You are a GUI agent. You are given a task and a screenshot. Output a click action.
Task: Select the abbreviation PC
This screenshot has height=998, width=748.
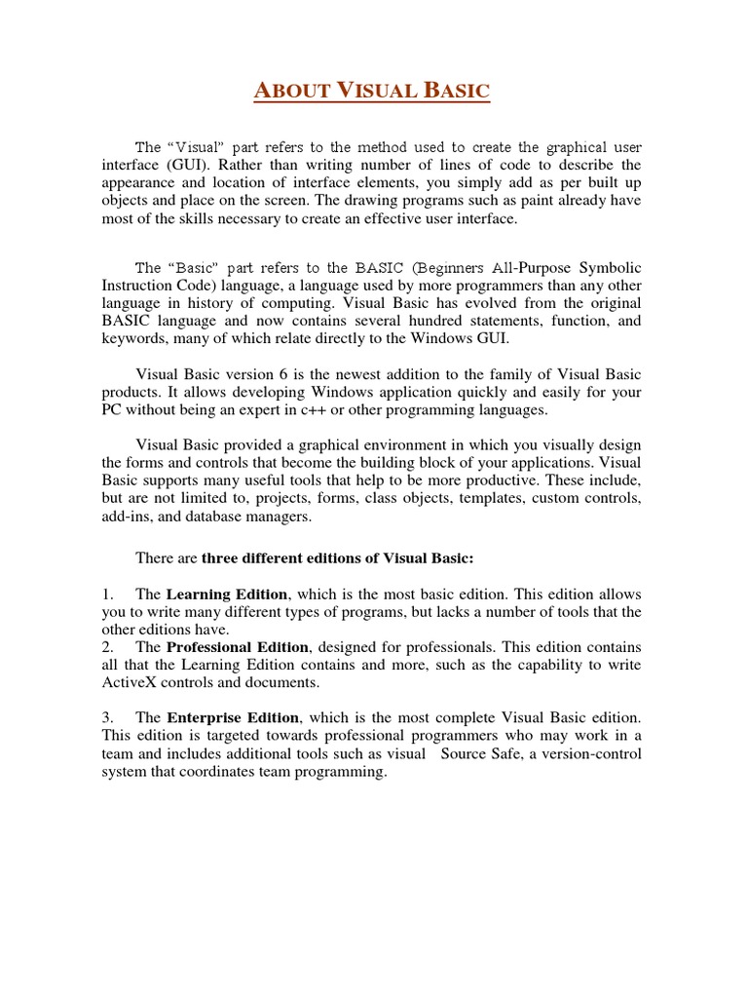[113, 411]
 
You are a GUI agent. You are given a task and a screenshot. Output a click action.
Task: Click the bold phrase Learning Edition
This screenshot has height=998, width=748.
[227, 595]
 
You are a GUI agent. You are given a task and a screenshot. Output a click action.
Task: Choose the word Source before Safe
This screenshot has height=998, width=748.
[467, 754]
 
